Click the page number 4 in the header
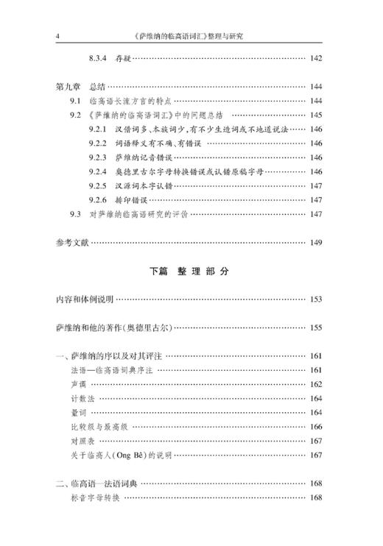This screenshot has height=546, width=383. tap(57, 35)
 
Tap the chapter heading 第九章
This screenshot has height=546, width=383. tap(69, 86)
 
